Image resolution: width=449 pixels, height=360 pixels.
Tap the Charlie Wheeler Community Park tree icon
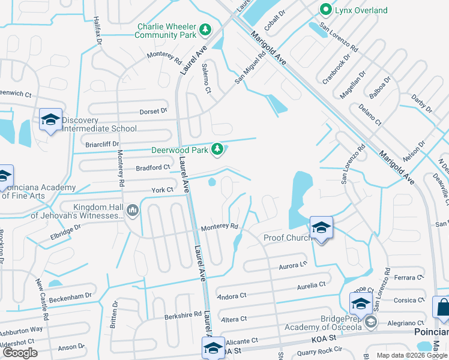[205, 29]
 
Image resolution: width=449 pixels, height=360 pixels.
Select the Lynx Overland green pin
[325, 10]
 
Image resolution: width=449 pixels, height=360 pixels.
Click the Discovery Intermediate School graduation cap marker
[51, 120]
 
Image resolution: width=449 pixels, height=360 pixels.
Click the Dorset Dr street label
[154, 111]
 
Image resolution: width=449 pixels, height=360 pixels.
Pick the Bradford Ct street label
[154, 167]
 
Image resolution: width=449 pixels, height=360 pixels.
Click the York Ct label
[162, 190]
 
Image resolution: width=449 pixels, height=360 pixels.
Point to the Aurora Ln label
[294, 263]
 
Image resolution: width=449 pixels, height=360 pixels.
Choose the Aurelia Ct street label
[311, 284]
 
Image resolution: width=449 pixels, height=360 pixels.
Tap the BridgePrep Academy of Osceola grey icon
[371, 323]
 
